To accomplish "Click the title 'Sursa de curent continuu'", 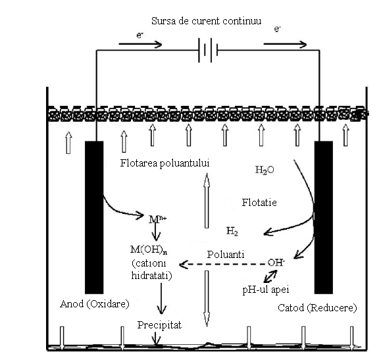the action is [207, 21].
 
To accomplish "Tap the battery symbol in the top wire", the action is [208, 50].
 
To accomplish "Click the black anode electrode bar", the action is [94, 217].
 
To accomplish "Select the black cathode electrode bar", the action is [324, 217].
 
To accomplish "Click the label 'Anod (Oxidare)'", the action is [95, 304].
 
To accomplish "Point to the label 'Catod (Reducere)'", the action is [317, 308].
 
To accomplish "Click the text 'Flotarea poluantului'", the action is [165, 163].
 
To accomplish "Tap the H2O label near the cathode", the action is [265, 170].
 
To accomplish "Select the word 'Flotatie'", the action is [259, 202].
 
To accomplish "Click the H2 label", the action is [232, 231].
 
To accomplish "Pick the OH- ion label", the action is [276, 263].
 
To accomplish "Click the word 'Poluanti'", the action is [226, 255].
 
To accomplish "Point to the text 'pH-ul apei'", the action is [266, 290].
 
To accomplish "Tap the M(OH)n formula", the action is [149, 249].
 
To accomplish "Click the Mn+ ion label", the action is [157, 219].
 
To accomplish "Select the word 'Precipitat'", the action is [159, 325].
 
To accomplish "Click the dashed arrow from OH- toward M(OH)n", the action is [222, 264].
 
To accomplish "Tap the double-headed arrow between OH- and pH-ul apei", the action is [270, 276].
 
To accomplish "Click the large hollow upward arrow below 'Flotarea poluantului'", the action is [207, 200].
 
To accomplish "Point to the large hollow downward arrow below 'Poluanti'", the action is [207, 299].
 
